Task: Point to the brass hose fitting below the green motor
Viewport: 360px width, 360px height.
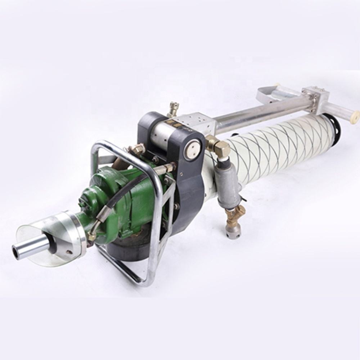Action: coord(92,236)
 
